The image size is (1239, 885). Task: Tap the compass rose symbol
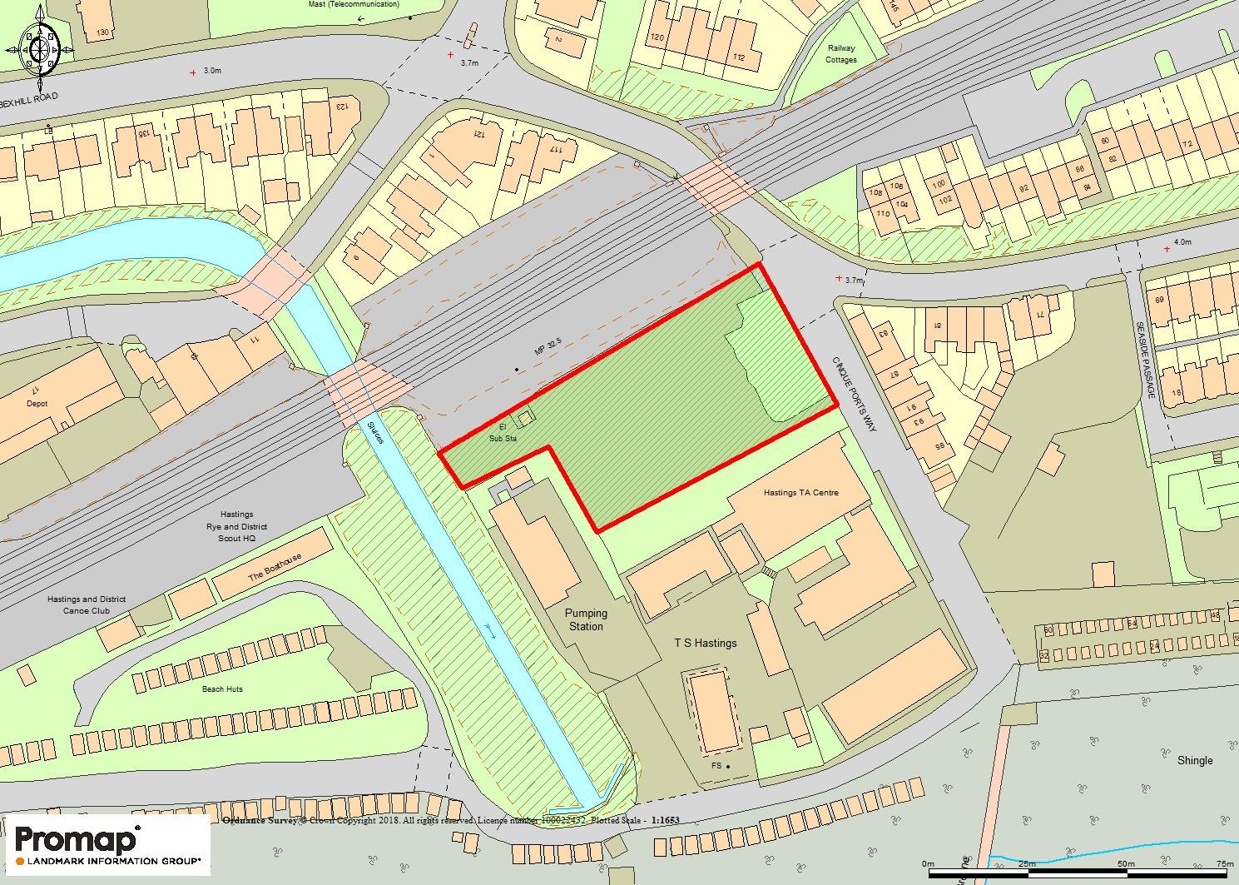coord(40,49)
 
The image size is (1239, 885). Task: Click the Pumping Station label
coord(587,620)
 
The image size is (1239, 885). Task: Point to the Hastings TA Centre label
coord(800,493)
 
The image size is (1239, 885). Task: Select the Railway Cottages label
coord(840,54)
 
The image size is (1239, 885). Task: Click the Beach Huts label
coord(222,689)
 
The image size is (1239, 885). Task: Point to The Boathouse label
coord(275,568)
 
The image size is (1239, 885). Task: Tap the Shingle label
coord(1194,760)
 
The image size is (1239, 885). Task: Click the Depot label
coord(37,404)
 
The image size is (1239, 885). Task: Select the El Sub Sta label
coord(503,433)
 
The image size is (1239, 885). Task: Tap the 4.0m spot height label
coord(1182,242)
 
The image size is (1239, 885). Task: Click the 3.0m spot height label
coord(212,72)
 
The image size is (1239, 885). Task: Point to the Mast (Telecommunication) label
coord(354,4)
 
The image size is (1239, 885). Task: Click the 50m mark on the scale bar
coord(1126,864)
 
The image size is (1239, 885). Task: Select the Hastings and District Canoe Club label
coord(87,605)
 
